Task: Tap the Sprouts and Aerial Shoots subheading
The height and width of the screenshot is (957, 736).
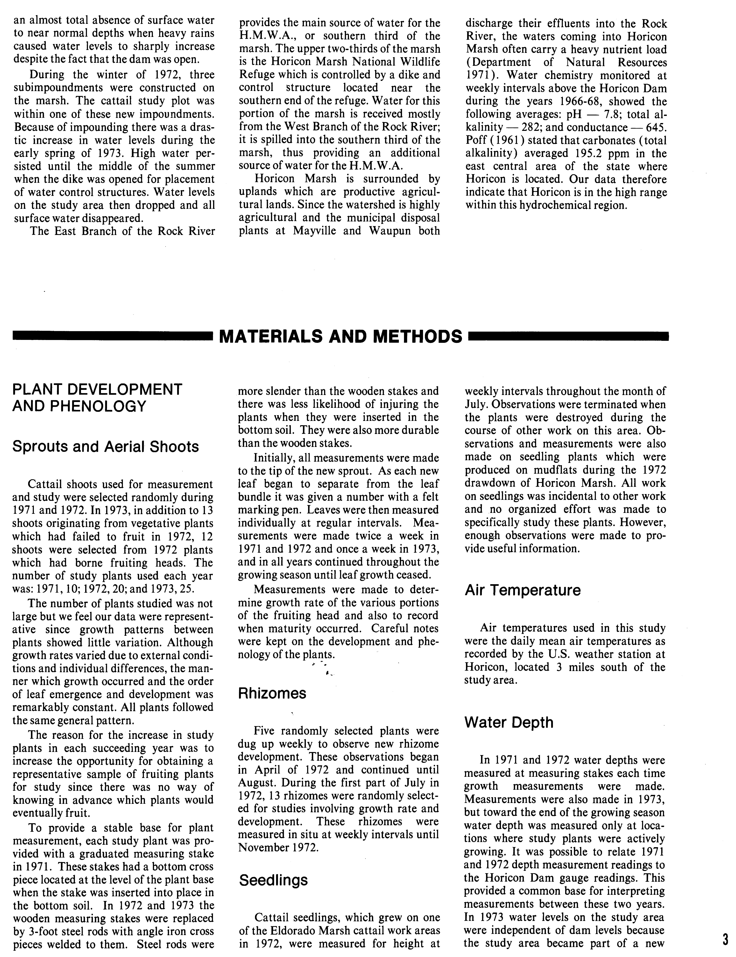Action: tap(106, 446)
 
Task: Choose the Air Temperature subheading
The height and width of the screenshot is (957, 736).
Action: tap(523, 590)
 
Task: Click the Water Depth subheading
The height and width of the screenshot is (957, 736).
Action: tap(509, 722)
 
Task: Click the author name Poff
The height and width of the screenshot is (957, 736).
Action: tap(478, 141)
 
